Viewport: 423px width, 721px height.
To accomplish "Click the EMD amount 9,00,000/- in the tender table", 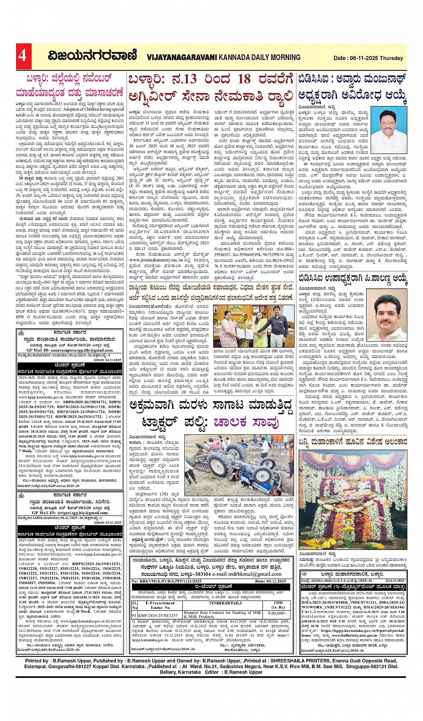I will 278,614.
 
